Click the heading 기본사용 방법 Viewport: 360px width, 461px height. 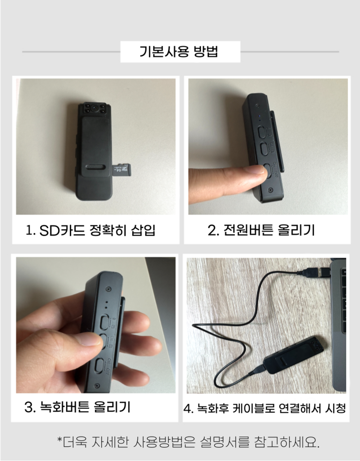178,52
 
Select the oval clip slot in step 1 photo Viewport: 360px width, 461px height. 96,167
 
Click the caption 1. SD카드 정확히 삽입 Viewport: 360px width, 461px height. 90,230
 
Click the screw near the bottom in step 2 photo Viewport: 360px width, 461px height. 270,190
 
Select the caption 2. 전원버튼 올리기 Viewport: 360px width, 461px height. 261,230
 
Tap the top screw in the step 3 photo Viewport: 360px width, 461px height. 108,289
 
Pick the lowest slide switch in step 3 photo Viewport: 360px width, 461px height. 99,367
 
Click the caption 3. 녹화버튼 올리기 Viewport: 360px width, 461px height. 78,407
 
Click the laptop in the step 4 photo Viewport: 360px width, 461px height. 338,326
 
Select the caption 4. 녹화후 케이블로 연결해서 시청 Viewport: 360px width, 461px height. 264,408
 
